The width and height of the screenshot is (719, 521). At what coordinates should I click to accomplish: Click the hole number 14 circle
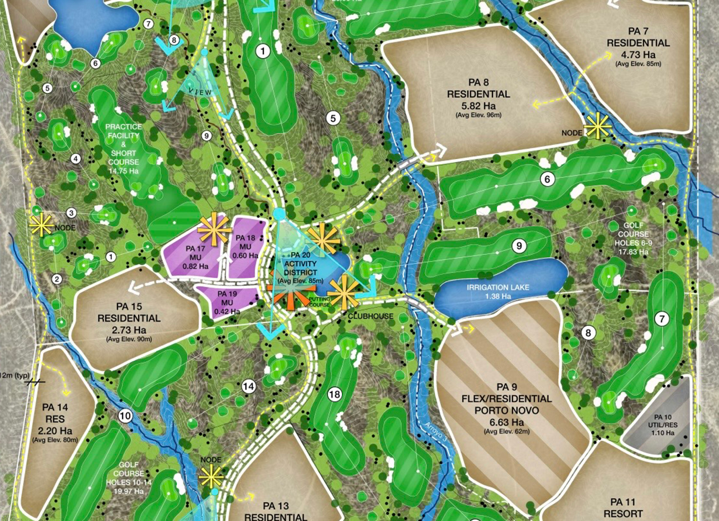(249, 386)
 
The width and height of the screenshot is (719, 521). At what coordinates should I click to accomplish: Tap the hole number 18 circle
(334, 394)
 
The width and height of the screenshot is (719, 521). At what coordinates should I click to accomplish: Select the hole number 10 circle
(125, 416)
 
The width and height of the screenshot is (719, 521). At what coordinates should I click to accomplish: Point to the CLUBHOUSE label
(371, 316)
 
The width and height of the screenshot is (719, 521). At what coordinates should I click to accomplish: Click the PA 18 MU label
(245, 246)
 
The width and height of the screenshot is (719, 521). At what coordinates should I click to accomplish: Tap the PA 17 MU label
(195, 257)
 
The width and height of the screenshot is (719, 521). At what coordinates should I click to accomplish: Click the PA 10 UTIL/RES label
(663, 425)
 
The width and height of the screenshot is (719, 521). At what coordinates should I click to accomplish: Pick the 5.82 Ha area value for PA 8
(478, 105)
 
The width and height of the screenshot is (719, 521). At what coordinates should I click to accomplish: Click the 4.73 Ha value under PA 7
(638, 55)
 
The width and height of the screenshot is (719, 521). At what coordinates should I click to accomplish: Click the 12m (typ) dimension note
(15, 375)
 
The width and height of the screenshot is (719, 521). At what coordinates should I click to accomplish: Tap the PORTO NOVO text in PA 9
(506, 410)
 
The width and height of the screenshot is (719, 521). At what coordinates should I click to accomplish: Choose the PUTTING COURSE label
(319, 302)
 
